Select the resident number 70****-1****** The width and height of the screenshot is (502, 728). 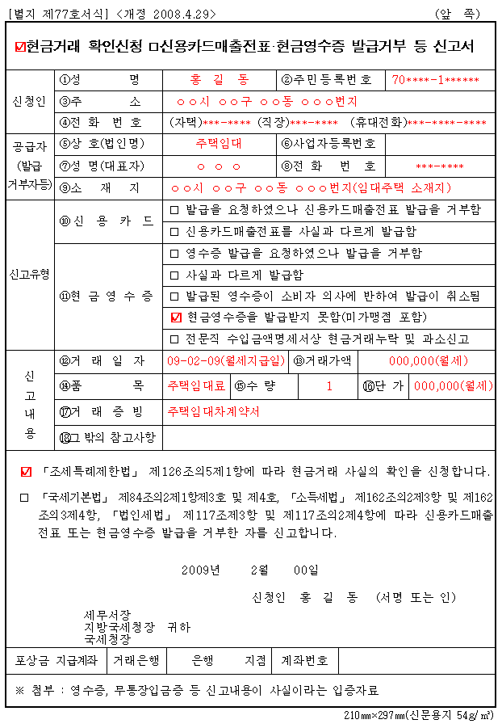coord(436,80)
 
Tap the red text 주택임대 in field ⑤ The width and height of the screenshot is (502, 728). coord(219,144)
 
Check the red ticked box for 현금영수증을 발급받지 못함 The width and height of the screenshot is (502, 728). coord(177,317)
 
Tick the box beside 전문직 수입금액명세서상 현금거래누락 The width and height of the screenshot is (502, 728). coord(175,339)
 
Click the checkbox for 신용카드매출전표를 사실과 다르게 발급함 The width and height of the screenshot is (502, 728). coord(175,231)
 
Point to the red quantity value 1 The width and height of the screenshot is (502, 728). coord(329,385)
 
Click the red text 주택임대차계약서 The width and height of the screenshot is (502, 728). coord(214,411)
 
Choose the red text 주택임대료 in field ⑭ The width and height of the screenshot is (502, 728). coord(196,385)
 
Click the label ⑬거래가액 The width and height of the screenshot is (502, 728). coord(324,360)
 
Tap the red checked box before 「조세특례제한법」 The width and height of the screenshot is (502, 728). coord(27,471)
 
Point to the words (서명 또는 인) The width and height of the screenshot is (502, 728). coord(416,598)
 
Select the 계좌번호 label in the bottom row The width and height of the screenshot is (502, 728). coord(304,660)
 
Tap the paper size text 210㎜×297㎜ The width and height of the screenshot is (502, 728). coord(372,716)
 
